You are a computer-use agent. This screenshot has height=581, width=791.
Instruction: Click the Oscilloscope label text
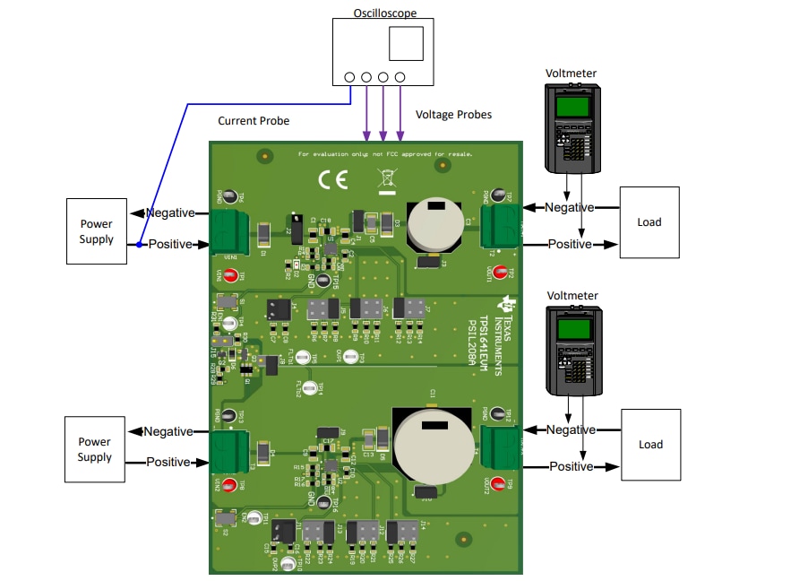(x=385, y=12)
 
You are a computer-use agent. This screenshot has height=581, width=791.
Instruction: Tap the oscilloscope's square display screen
(x=407, y=44)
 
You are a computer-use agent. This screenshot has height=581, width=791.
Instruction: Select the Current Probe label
(x=254, y=121)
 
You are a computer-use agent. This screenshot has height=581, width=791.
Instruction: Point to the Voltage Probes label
(x=453, y=115)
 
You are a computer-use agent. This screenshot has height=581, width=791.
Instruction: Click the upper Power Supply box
(x=96, y=231)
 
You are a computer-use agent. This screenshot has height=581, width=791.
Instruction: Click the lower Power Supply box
(x=95, y=449)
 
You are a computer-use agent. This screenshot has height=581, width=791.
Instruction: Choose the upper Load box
(x=649, y=222)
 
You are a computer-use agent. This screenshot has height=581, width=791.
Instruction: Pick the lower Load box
(x=650, y=445)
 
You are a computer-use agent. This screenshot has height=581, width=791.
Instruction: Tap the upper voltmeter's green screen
(x=571, y=107)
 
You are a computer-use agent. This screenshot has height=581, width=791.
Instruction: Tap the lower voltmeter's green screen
(x=571, y=329)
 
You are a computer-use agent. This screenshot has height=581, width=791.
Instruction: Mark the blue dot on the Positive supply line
(x=140, y=244)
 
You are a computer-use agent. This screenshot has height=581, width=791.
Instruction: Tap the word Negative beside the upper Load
(x=570, y=207)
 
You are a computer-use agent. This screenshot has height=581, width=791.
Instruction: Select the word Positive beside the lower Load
(x=571, y=466)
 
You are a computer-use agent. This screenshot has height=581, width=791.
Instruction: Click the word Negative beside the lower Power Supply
(x=168, y=431)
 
